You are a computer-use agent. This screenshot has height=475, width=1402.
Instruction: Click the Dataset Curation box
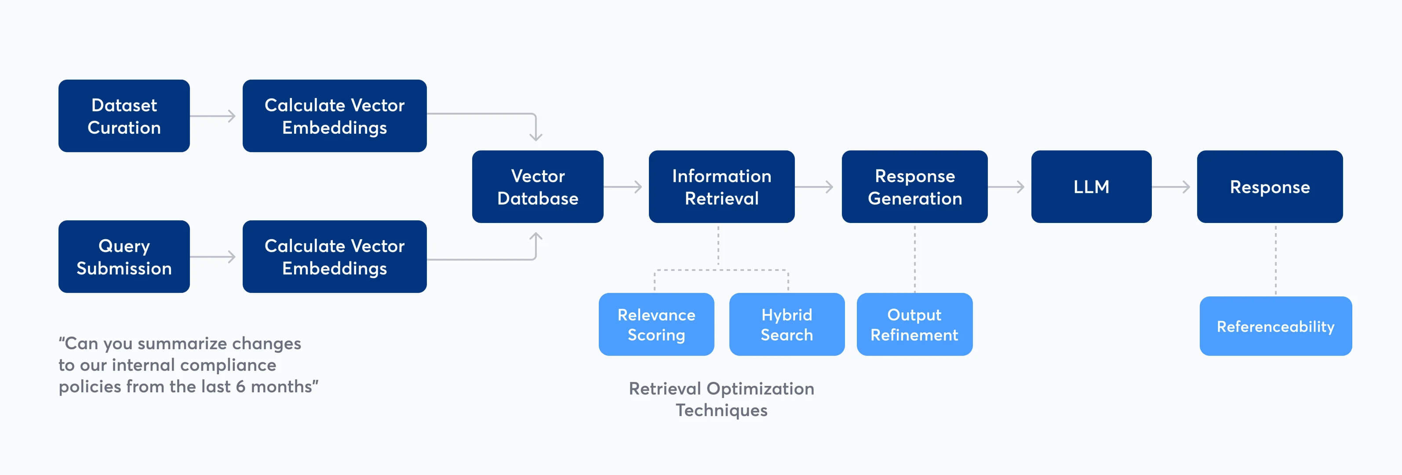[124, 116]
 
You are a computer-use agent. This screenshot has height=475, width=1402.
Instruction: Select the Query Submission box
[124, 256]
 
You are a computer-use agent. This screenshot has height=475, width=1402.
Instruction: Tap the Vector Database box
[537, 187]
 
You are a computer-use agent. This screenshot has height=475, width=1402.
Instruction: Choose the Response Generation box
[914, 187]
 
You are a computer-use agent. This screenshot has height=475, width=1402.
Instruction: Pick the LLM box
[1091, 187]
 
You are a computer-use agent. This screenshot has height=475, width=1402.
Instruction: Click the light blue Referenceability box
[1275, 326]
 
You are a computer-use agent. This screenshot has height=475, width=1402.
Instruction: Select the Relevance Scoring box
[656, 325]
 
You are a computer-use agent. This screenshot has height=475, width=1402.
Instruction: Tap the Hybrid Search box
[787, 325]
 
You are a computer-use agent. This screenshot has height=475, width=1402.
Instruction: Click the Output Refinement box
[914, 325]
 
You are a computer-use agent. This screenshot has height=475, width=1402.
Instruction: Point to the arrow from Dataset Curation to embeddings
[213, 116]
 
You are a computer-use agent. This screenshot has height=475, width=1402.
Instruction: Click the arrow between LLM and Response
[1171, 187]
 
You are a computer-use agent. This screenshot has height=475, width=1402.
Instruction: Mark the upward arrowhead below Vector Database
[536, 237]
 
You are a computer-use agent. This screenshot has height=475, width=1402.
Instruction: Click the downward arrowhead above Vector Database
[536, 136]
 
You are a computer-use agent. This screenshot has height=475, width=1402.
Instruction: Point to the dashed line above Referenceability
[1275, 260]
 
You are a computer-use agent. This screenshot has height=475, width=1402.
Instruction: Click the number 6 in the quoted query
[240, 387]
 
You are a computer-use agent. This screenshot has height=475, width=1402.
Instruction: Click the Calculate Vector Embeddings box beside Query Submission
[334, 256]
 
